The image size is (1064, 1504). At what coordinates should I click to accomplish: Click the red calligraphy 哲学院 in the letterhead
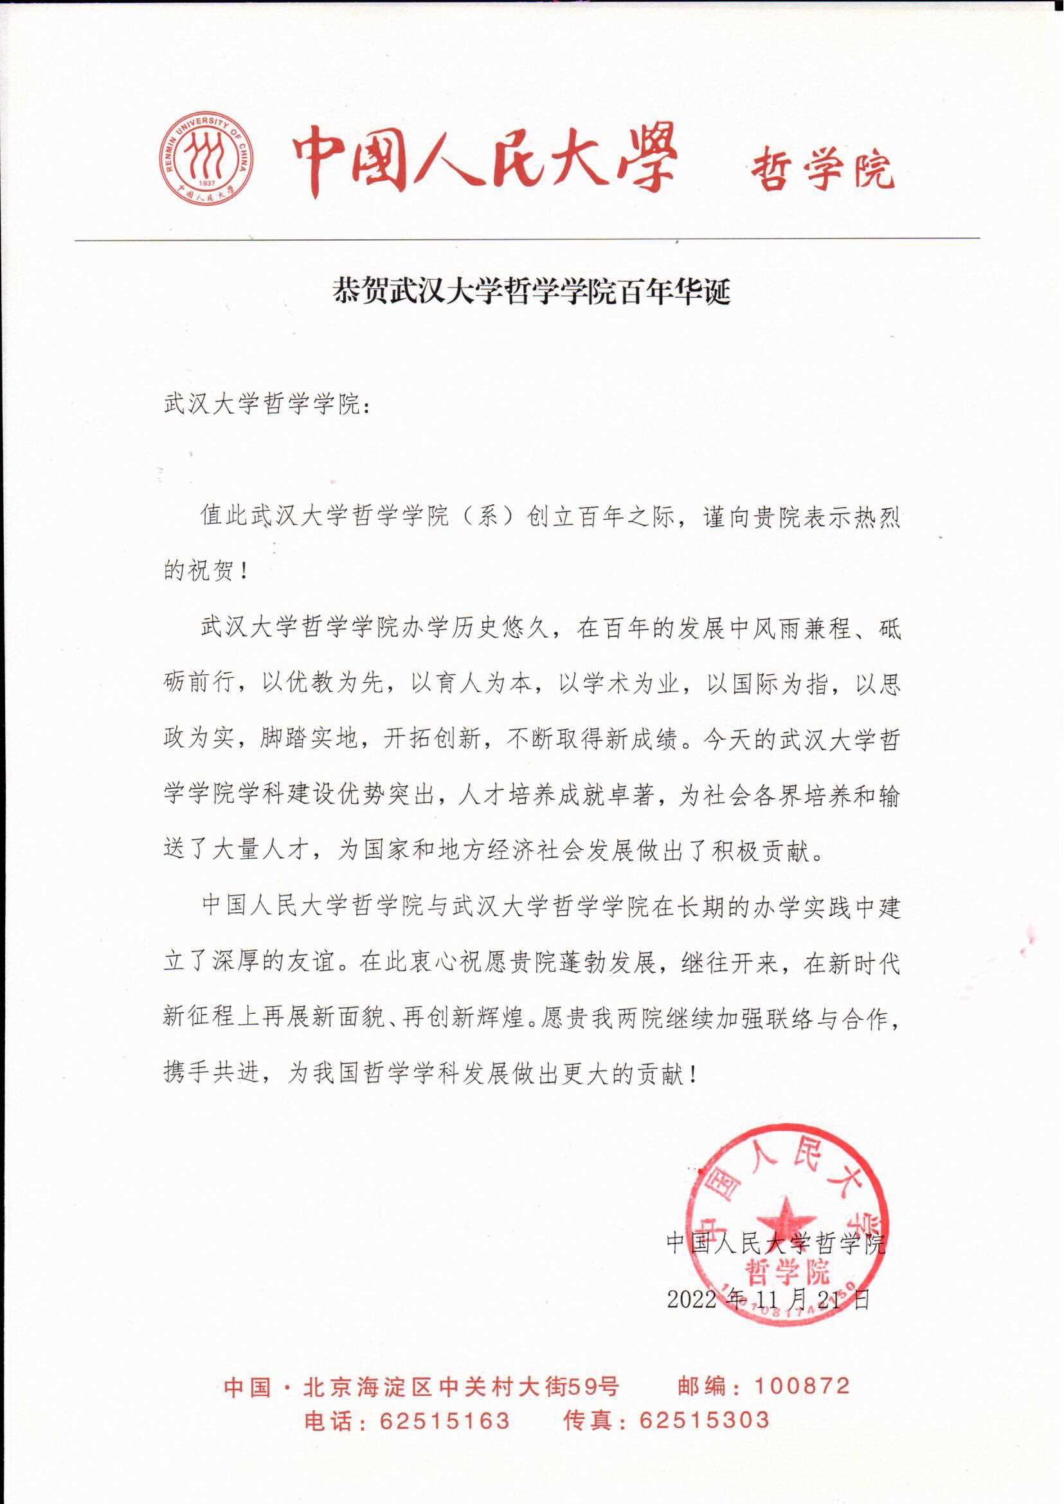(x=822, y=169)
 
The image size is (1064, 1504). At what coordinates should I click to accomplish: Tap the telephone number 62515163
(x=444, y=1420)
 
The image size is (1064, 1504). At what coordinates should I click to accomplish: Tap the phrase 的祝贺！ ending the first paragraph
(x=206, y=572)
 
